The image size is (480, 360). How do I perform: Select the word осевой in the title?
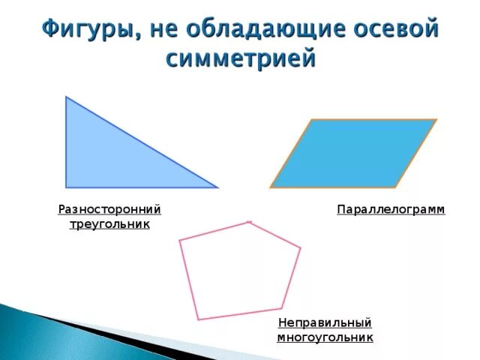394,30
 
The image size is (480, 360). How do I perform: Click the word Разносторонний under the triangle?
110,209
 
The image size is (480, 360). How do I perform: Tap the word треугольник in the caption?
110,223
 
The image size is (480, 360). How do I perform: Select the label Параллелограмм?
391,209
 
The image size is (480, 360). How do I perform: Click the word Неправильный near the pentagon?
325,323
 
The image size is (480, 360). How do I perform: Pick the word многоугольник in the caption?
325,337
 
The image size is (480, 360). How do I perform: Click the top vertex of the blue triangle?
66,97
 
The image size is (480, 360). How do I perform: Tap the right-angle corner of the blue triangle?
66,187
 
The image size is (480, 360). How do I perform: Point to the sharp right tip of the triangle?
217,187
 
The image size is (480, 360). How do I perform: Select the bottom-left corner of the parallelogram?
271,187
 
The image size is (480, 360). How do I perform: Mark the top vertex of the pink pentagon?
250,222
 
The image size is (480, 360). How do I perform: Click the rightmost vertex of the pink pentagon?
300,247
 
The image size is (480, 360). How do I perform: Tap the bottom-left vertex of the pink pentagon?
199,319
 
